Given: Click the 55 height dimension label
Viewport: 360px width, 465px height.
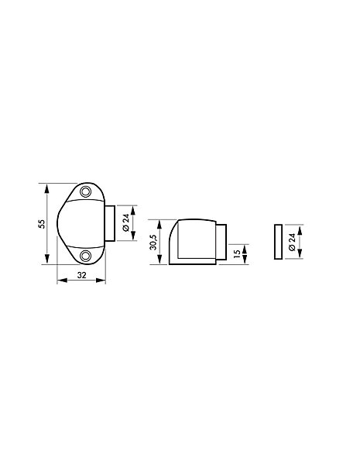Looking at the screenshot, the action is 43,224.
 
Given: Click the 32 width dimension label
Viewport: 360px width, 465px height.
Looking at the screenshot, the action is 81,275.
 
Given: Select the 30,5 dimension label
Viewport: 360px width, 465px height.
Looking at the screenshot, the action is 153,242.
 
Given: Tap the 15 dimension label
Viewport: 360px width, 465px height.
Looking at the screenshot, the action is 237,253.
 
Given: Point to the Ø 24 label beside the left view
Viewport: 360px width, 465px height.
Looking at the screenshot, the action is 126,222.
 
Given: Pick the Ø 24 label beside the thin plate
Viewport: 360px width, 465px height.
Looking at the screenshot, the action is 292,242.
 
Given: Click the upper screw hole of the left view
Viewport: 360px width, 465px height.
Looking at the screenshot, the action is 85,192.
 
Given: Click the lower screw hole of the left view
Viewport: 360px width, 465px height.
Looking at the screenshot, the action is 85,255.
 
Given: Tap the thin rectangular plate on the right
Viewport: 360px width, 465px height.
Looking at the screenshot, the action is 278,242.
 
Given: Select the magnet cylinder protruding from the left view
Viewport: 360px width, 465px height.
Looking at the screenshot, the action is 110,223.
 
